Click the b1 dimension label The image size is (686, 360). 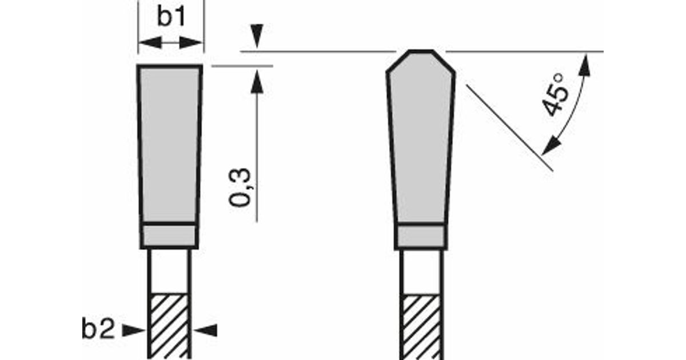pyautogui.click(x=171, y=16)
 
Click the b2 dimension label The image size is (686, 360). pyautogui.click(x=98, y=329)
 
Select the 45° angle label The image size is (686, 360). pyautogui.click(x=555, y=95)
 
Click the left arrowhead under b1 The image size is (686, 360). pyautogui.click(x=150, y=42)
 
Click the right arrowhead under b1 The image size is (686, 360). pyautogui.click(x=191, y=42)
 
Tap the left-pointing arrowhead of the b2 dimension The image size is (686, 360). pyautogui.click(x=205, y=330)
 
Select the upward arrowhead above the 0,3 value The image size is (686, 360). pyautogui.click(x=257, y=81)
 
